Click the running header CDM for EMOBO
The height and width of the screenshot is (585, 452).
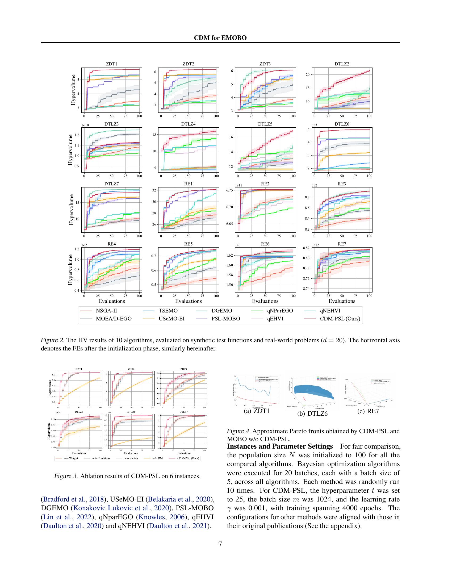click(220, 38)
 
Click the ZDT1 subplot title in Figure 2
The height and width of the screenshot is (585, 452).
click(112, 64)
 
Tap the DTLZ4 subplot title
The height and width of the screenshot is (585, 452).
click(188, 124)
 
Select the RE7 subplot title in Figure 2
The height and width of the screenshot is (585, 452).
click(342, 244)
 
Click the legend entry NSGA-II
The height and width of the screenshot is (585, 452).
click(106, 311)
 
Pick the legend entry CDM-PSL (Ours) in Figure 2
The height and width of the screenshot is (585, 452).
click(340, 319)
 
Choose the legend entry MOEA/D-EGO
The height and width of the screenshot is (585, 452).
click(114, 319)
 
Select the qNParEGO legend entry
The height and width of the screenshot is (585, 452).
click(280, 311)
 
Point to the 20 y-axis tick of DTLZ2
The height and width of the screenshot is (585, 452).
click(308, 75)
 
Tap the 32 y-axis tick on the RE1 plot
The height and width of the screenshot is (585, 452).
click(154, 190)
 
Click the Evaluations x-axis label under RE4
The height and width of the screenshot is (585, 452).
click(112, 301)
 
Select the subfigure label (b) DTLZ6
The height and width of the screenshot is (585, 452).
click(312, 413)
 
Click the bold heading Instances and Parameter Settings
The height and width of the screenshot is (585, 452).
click(279, 446)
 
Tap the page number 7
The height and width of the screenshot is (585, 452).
click(220, 544)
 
